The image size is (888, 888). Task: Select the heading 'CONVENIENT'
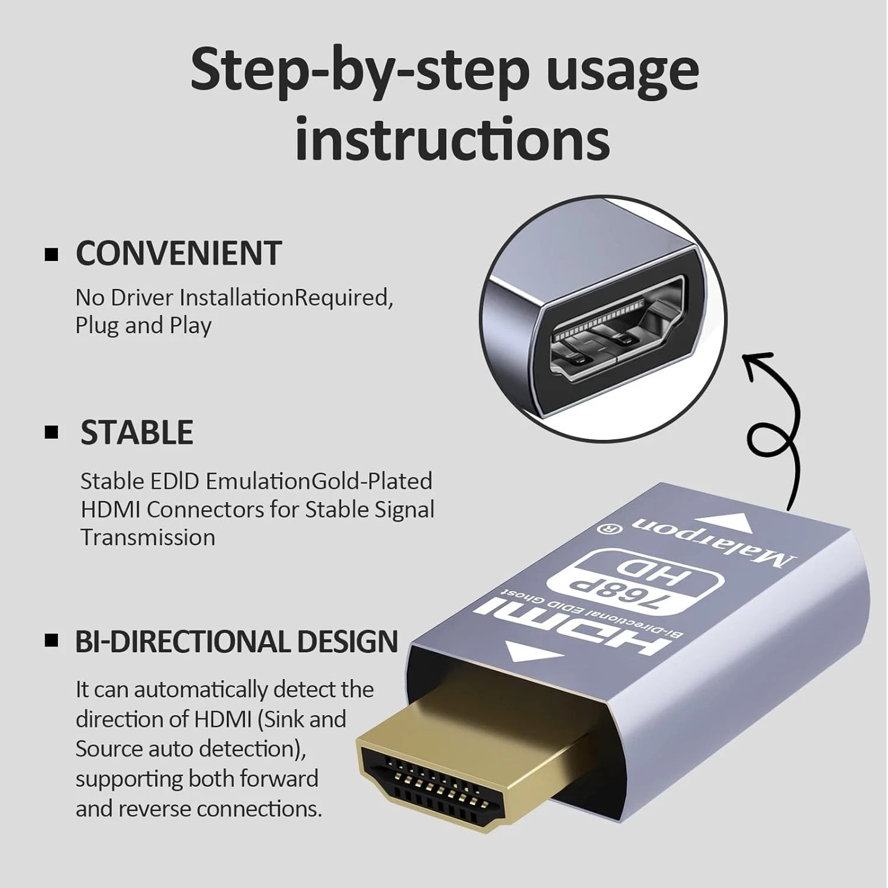pos(178,253)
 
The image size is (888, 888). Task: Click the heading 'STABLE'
pos(137,432)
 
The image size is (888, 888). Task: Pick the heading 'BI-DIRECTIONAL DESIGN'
pos(237,642)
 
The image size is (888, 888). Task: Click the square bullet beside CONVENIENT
pos(52,255)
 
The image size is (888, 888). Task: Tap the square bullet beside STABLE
pos(52,432)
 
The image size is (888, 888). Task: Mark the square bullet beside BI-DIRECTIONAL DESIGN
pos(52,641)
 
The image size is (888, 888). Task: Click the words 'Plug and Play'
pos(143,326)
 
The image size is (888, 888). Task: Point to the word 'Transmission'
pos(148,538)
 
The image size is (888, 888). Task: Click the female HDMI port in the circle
pos(619,335)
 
